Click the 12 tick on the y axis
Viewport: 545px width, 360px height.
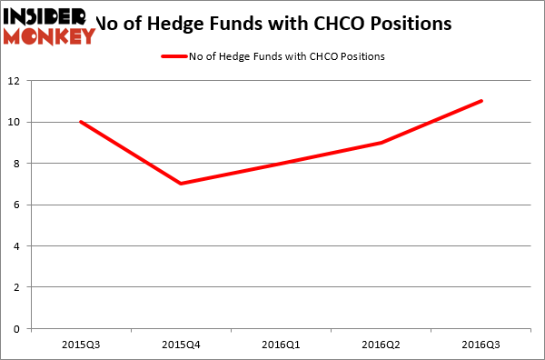18,81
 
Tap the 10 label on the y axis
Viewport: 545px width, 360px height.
18,122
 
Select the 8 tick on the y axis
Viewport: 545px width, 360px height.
21,164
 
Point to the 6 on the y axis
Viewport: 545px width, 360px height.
21,205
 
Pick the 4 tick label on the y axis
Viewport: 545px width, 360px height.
21,245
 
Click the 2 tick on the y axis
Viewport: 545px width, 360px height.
21,287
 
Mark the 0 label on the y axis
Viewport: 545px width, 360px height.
21,328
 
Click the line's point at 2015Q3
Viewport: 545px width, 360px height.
81,122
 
